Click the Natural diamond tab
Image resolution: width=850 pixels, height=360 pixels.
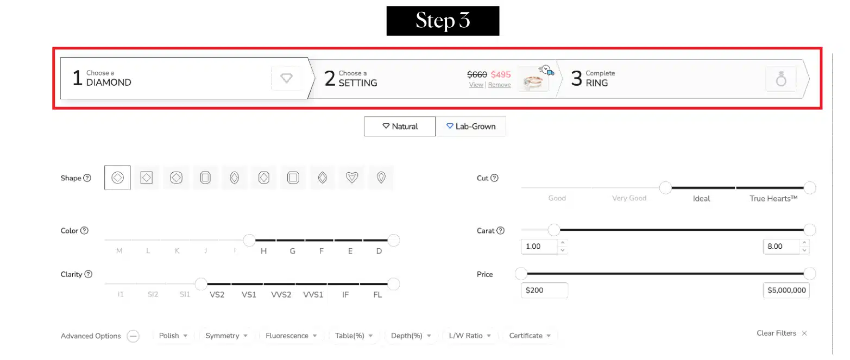(x=400, y=127)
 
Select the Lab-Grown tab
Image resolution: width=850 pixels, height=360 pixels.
(x=470, y=127)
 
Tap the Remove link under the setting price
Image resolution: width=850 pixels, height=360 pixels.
(x=499, y=85)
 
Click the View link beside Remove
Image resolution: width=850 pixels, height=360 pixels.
(x=476, y=85)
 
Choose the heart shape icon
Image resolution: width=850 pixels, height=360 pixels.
(x=352, y=178)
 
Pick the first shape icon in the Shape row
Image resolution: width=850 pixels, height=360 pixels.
(x=117, y=178)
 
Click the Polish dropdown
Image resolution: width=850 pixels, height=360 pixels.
(x=173, y=336)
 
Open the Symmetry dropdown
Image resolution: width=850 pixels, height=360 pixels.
(x=226, y=336)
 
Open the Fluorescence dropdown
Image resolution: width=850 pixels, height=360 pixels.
(x=291, y=336)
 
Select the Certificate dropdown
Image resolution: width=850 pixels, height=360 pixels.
(x=530, y=336)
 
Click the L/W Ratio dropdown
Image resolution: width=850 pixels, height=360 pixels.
(x=470, y=336)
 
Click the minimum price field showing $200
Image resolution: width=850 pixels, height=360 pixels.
(x=544, y=290)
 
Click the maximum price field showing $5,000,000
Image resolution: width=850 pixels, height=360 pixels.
(x=786, y=290)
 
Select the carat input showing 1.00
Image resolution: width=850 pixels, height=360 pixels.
(x=539, y=247)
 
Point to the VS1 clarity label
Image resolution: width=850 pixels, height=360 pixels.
(x=249, y=295)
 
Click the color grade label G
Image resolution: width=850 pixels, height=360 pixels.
(x=292, y=251)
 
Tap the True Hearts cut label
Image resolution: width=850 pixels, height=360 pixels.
(x=773, y=199)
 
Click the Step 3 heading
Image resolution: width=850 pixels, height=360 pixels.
(x=443, y=21)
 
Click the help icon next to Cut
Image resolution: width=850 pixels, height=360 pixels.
(x=494, y=178)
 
